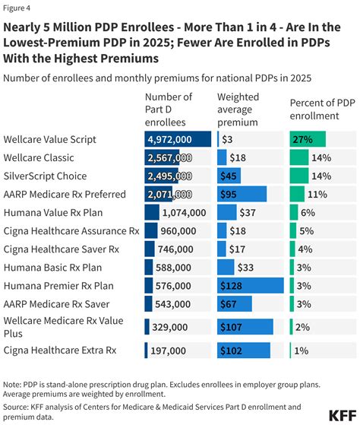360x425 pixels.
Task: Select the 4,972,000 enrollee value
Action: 178,139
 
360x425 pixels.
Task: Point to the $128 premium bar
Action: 250,286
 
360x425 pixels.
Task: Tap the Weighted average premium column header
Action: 238,109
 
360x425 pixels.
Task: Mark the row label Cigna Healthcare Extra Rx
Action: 60,350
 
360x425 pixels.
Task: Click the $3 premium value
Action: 227,139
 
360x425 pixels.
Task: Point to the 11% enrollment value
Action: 319,194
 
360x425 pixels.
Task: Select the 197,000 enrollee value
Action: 169,350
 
